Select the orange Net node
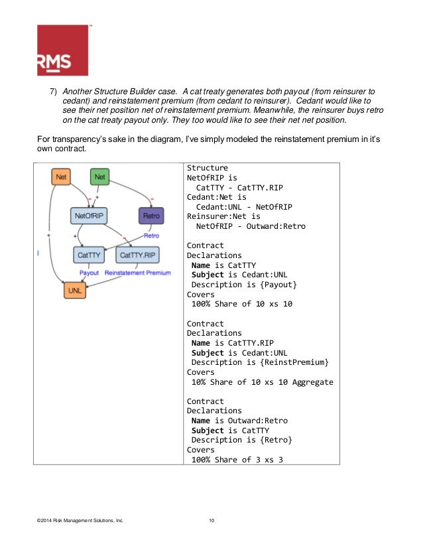[x=61, y=177]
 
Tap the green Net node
[x=99, y=177]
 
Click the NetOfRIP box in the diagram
[x=90, y=216]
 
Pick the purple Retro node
[x=150, y=216]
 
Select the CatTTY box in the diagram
[x=88, y=254]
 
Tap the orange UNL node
[x=74, y=290]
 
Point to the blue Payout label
[x=90, y=273]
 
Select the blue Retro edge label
[x=151, y=236]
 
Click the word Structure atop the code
[x=208, y=168]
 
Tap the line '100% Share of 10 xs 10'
[x=242, y=304]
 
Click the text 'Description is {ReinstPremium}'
[x=260, y=362]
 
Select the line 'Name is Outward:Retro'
[x=239, y=421]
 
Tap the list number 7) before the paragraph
[x=56, y=92]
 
